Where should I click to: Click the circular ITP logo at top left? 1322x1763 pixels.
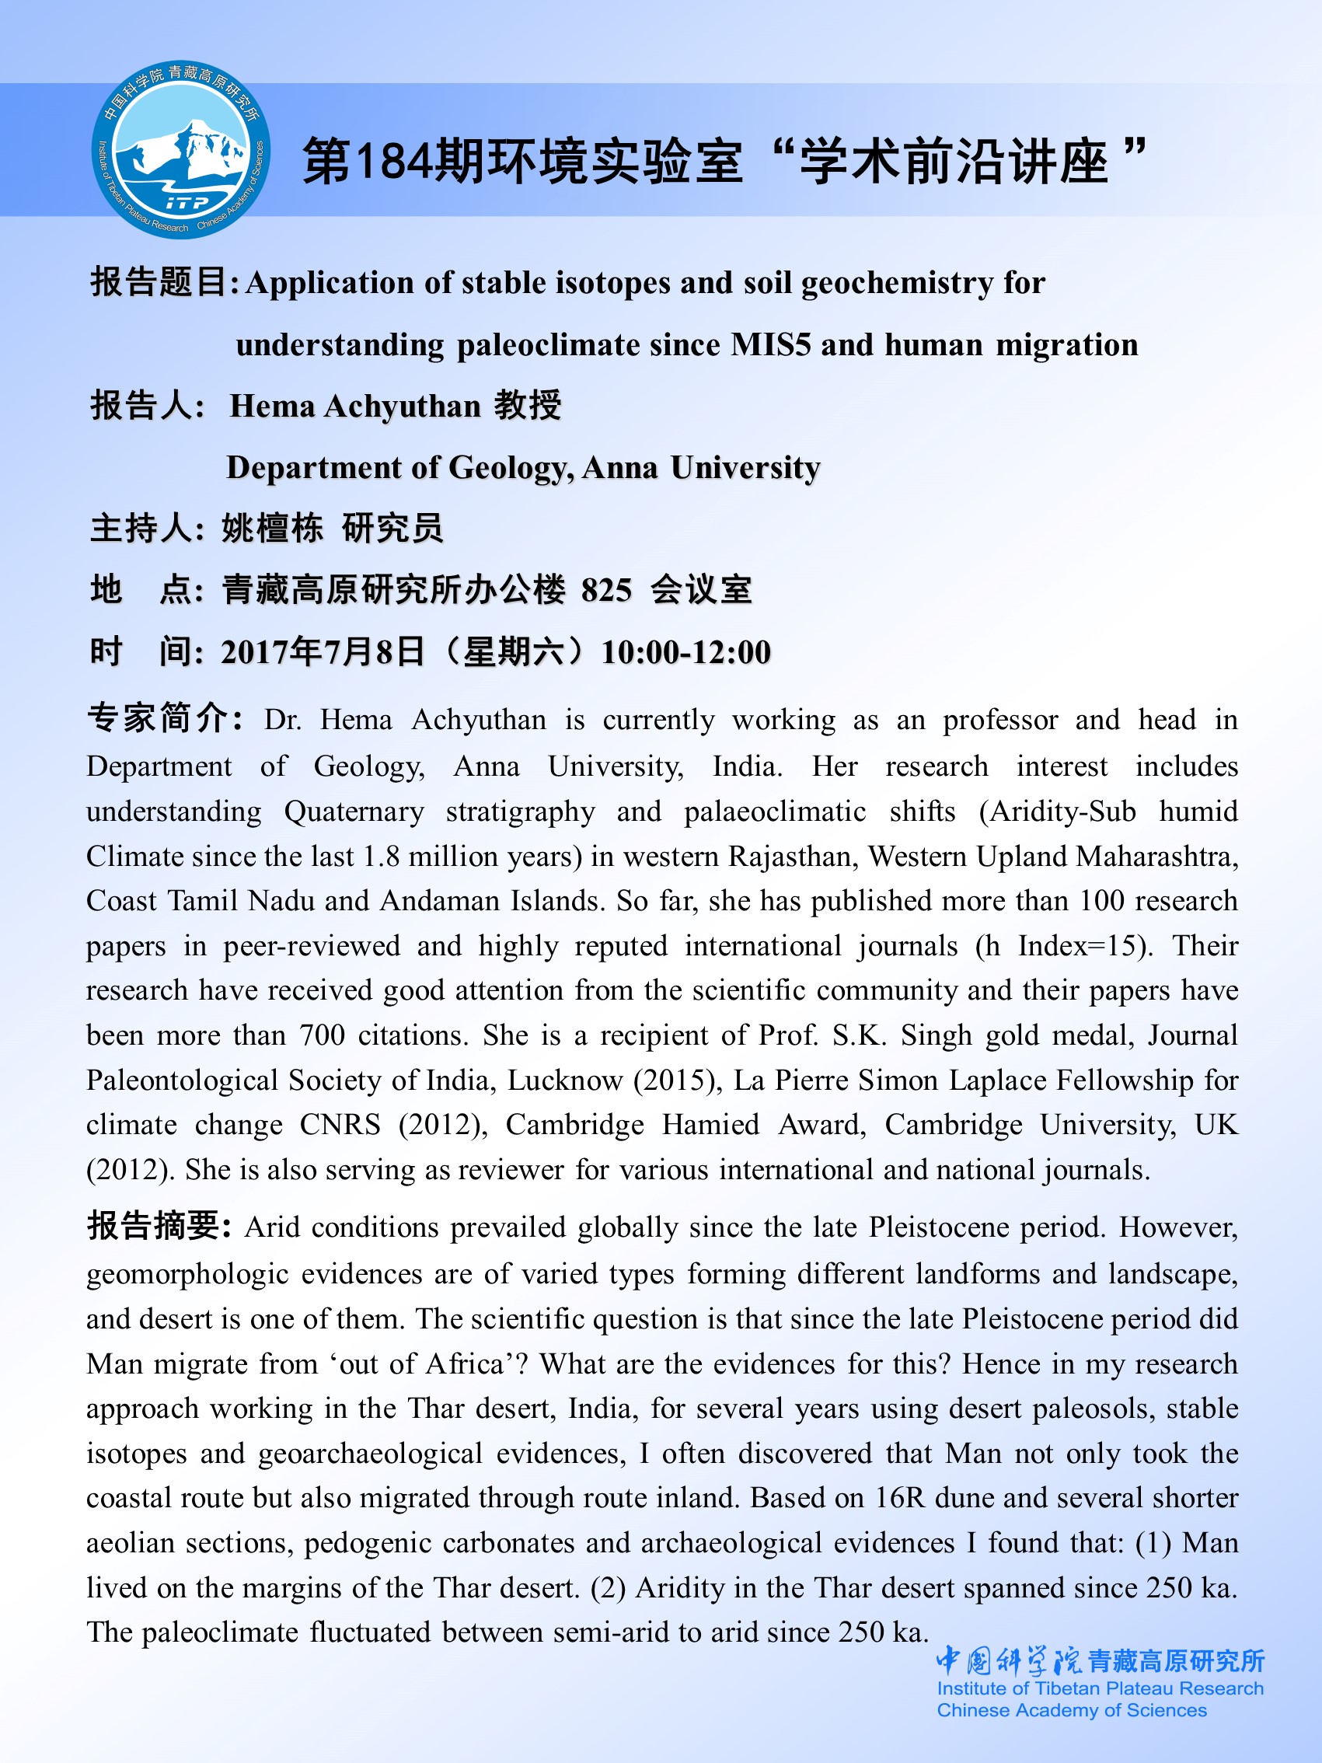tap(181, 150)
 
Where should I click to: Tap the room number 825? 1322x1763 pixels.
tap(606, 591)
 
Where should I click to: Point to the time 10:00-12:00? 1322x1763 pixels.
tap(686, 653)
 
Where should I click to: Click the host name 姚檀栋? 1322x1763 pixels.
tap(273, 529)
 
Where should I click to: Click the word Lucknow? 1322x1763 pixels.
tap(565, 1080)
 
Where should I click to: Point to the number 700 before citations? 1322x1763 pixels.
tap(322, 1035)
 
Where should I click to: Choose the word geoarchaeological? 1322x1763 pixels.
tap(371, 1453)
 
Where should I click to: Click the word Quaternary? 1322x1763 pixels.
tap(354, 812)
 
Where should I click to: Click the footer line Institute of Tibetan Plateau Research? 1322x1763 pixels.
tap(1100, 1688)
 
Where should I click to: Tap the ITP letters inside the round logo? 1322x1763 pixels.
tap(187, 203)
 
